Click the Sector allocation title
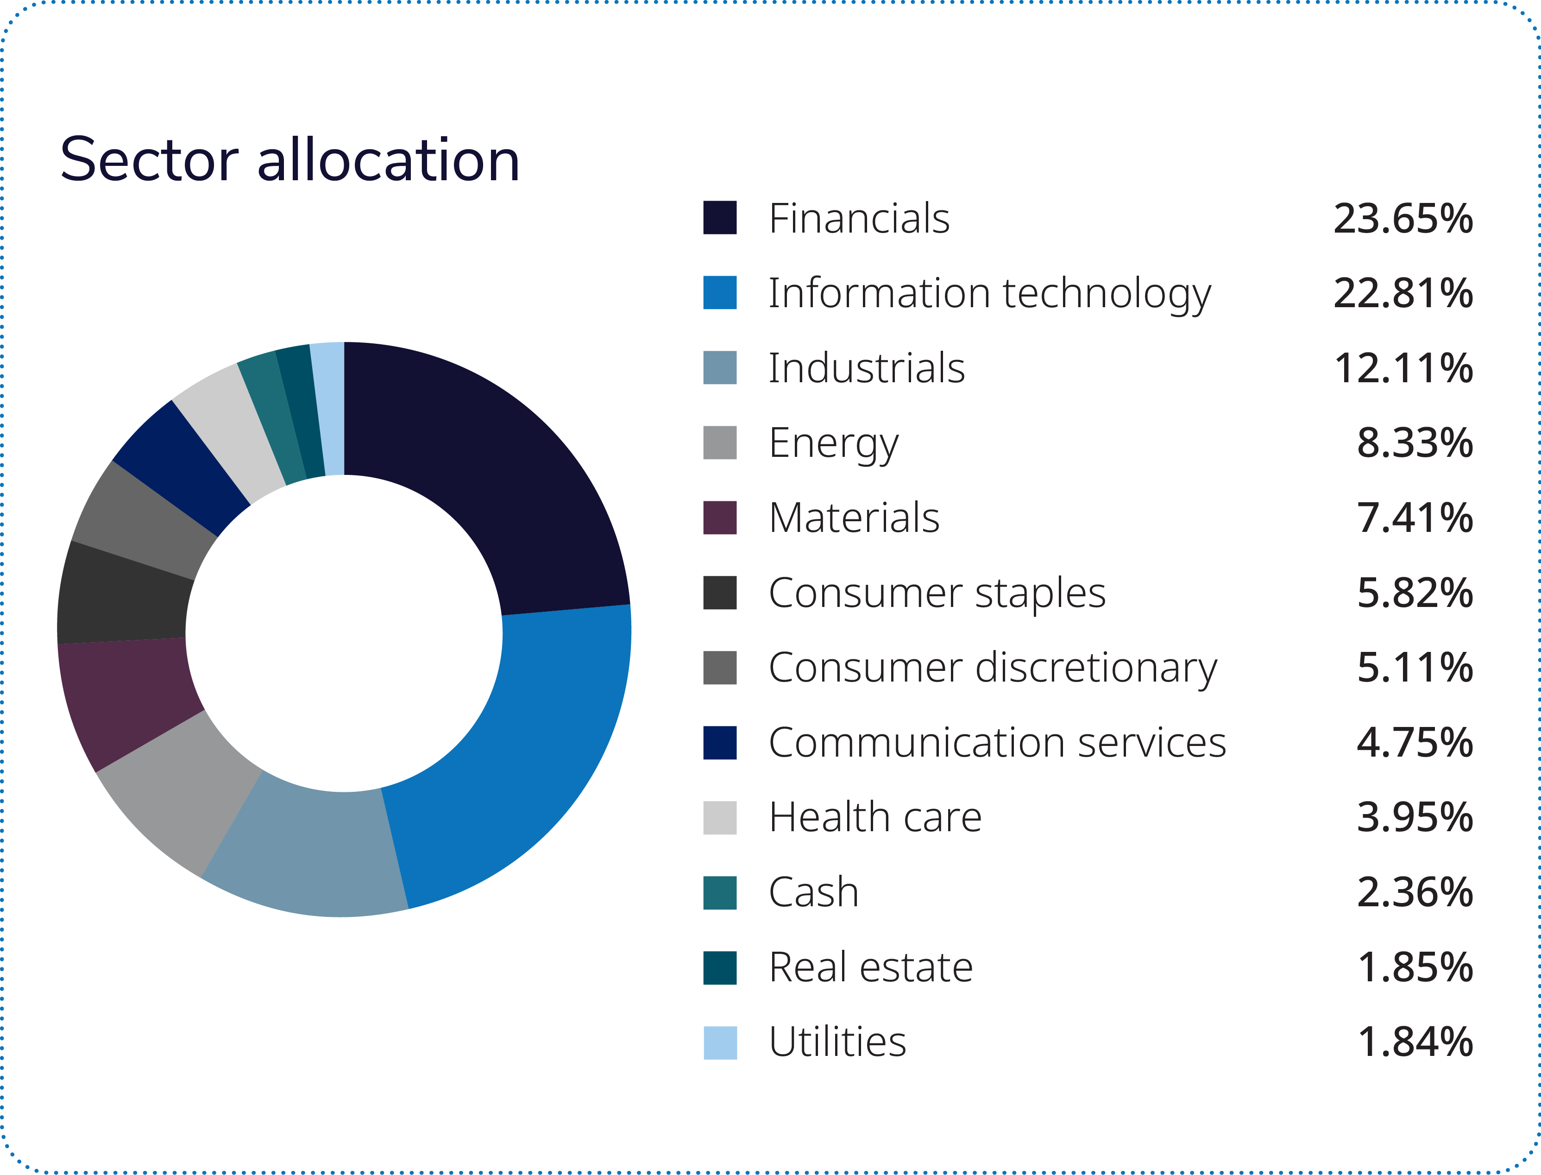[x=289, y=160]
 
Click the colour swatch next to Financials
[x=719, y=217]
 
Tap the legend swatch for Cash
[x=719, y=892]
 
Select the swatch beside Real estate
[x=719, y=967]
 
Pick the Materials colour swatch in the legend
[x=719, y=518]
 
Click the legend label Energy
[x=833, y=443]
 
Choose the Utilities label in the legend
[x=837, y=1042]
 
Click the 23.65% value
[x=1403, y=218]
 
